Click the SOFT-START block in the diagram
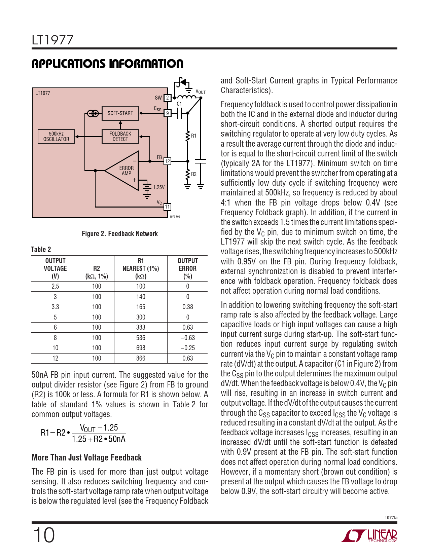[x=120, y=113]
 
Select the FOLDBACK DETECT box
[x=120, y=136]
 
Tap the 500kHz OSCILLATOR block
[x=56, y=136]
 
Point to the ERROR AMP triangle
[x=125, y=171]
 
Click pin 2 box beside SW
[x=167, y=98]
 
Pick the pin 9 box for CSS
[x=167, y=113]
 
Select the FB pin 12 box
[x=167, y=161]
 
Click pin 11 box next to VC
[x=167, y=207]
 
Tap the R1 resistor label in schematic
[x=194, y=136]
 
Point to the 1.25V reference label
[x=159, y=187]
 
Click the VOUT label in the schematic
[x=200, y=91]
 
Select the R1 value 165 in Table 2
[x=141, y=307]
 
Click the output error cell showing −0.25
[x=187, y=348]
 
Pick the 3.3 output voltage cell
[x=55, y=307]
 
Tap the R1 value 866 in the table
[x=141, y=358]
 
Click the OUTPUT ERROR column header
[x=187, y=268]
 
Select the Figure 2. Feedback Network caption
[x=120, y=234]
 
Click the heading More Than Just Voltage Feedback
[x=86, y=457]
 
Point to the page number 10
[x=43, y=535]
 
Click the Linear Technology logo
[x=369, y=535]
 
